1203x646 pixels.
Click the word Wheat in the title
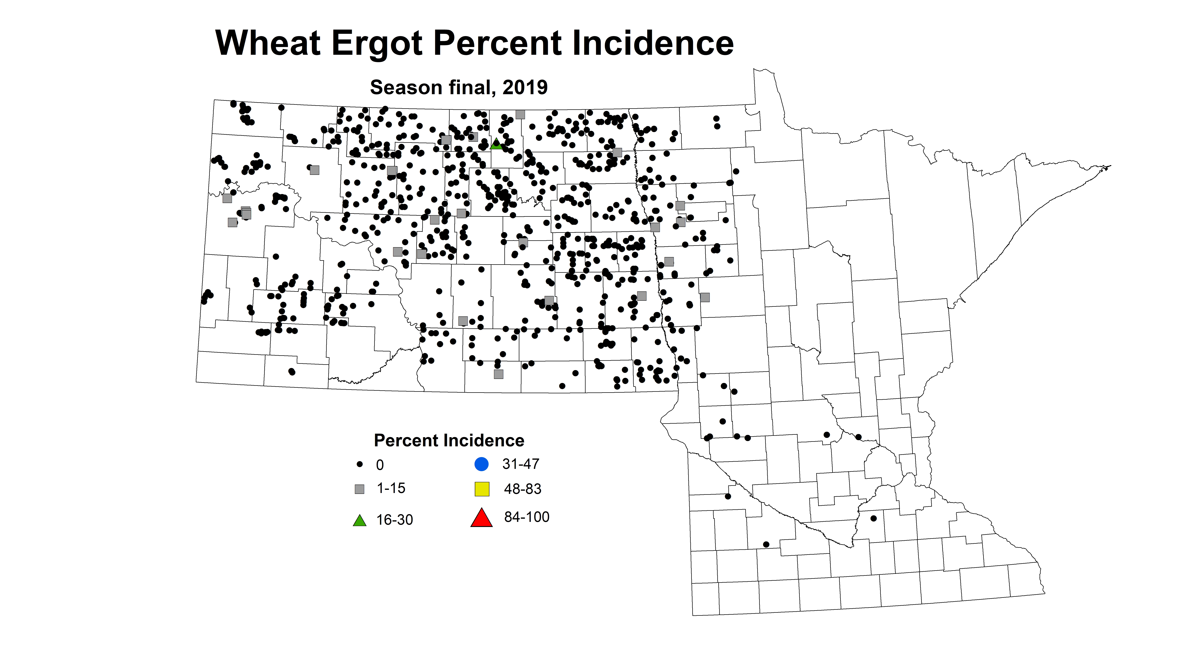268,43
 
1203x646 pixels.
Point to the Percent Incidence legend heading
449,440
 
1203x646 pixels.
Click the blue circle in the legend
481,464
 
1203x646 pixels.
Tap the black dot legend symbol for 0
360,464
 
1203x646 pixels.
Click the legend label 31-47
521,464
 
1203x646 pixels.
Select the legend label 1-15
391,488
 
